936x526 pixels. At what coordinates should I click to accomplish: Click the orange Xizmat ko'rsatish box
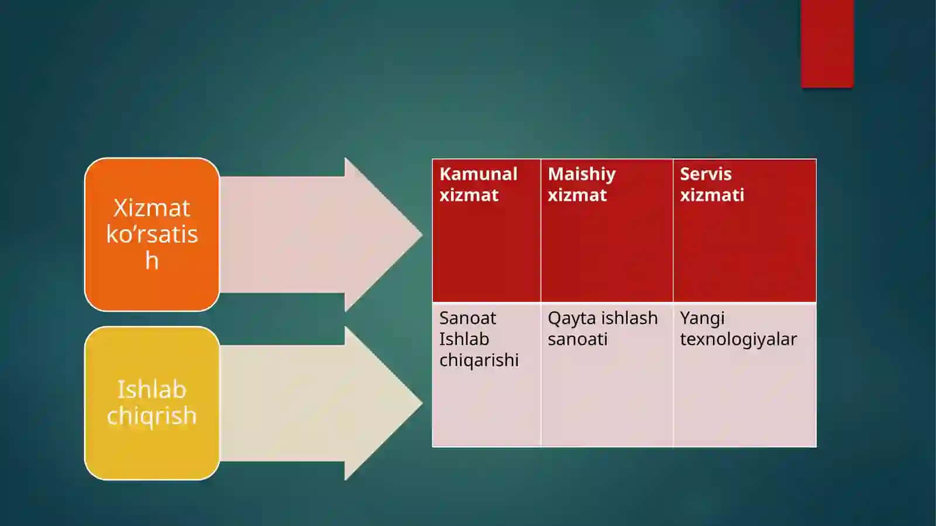[x=152, y=235]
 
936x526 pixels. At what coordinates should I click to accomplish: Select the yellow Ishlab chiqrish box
[x=152, y=403]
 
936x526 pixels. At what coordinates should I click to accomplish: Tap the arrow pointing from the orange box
[x=321, y=235]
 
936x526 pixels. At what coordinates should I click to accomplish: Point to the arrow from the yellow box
[x=321, y=403]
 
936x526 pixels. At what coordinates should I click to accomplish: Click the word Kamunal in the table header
[x=479, y=174]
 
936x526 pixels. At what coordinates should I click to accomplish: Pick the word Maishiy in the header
[x=581, y=174]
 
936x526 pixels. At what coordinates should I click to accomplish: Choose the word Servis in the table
[x=706, y=174]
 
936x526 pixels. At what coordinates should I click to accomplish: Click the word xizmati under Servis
[x=712, y=195]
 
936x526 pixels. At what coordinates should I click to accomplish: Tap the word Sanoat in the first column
[x=467, y=318]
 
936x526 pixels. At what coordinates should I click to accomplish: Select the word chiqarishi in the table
[x=479, y=360]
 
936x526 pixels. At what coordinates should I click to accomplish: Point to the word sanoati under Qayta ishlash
[x=577, y=339]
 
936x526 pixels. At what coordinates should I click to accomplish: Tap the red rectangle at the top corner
[x=827, y=44]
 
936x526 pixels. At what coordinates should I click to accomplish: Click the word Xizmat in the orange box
[x=152, y=208]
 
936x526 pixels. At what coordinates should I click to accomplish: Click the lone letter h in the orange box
[x=152, y=260]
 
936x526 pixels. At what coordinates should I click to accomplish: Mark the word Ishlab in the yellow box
[x=152, y=390]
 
